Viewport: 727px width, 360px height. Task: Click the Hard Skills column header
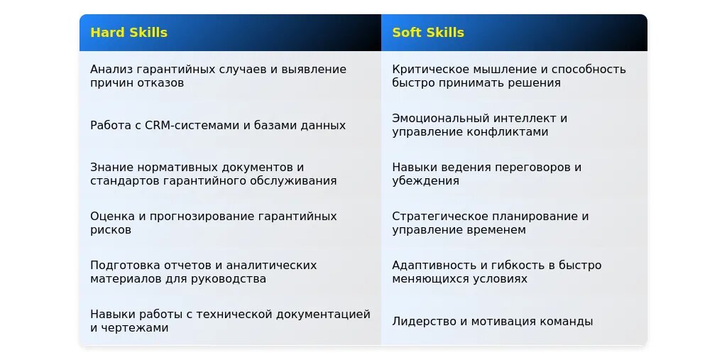[x=129, y=33]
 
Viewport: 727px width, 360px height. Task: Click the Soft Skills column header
[x=428, y=33]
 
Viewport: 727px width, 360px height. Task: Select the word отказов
[x=160, y=83]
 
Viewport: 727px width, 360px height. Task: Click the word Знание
[x=111, y=167]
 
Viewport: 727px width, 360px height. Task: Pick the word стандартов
[x=125, y=181]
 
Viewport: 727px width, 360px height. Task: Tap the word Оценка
[x=111, y=216]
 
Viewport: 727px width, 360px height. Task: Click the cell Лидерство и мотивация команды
[x=493, y=322]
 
